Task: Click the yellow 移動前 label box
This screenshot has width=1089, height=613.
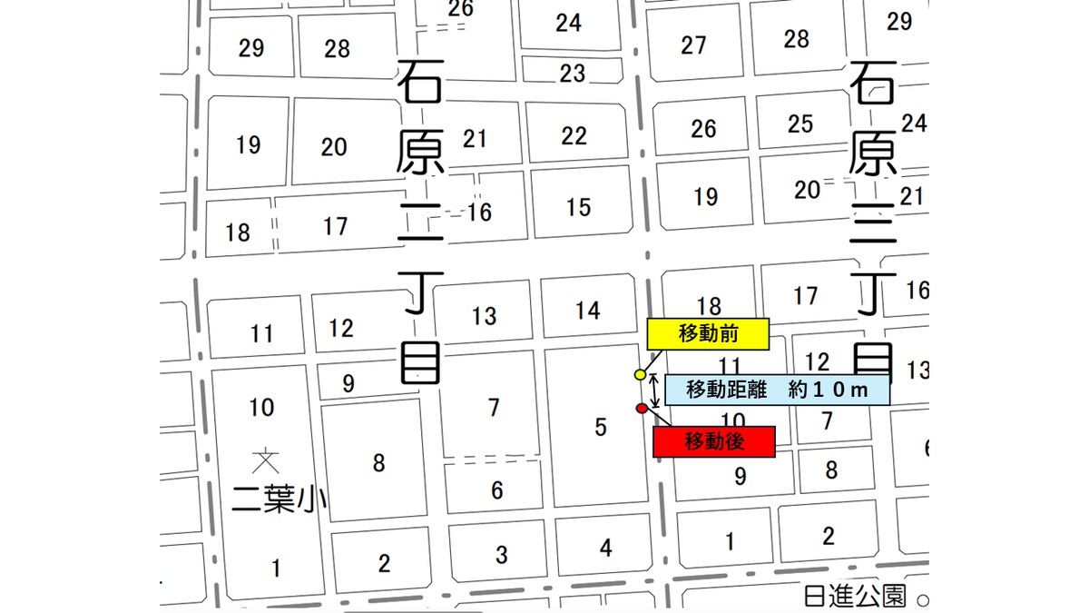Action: pyautogui.click(x=708, y=333)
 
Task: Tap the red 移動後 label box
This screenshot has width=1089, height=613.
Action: pyautogui.click(x=714, y=441)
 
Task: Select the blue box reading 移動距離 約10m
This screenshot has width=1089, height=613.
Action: pyautogui.click(x=777, y=389)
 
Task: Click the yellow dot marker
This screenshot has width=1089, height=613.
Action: pyautogui.click(x=640, y=374)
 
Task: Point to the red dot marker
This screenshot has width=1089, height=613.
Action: pyautogui.click(x=642, y=409)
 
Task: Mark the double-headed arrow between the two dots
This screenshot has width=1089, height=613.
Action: pyautogui.click(x=654, y=390)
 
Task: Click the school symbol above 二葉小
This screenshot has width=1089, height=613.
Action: pyautogui.click(x=265, y=460)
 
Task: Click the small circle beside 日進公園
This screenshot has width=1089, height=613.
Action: pyautogui.click(x=922, y=599)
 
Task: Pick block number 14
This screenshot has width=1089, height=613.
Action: pyautogui.click(x=588, y=311)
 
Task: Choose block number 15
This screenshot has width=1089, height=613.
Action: pyautogui.click(x=578, y=207)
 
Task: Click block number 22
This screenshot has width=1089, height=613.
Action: pyautogui.click(x=574, y=135)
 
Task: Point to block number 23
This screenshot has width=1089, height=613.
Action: pyautogui.click(x=572, y=73)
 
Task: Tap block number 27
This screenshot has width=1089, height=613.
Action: pyautogui.click(x=693, y=44)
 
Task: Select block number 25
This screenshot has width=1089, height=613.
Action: pyautogui.click(x=800, y=124)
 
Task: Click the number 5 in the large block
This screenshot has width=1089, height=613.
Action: pyautogui.click(x=600, y=427)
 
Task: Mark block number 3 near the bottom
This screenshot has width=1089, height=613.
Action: pyautogui.click(x=501, y=554)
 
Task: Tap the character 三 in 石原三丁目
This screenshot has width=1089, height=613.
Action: pyautogui.click(x=874, y=227)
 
